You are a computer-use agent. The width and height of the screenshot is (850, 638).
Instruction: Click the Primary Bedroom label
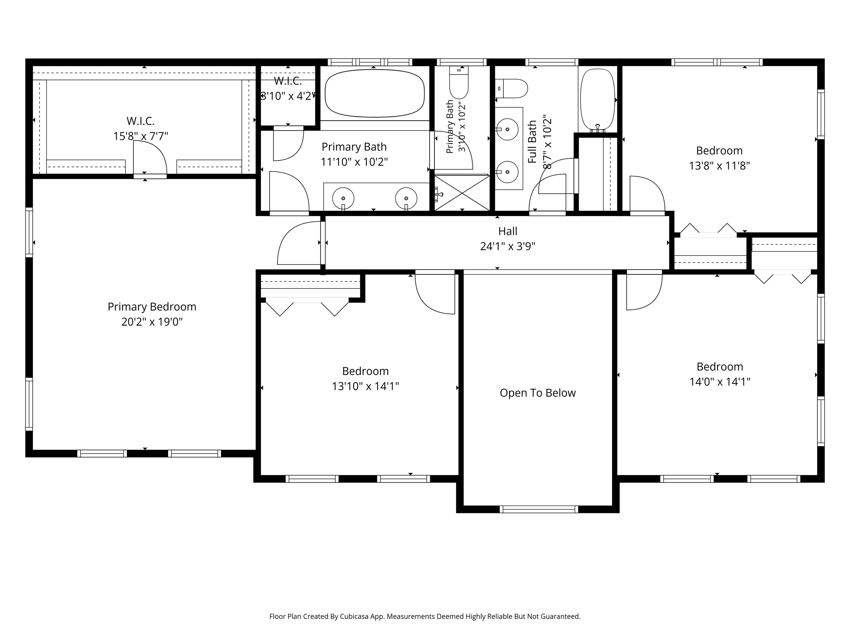point(152,307)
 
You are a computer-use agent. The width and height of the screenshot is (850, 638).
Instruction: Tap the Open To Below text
point(538,393)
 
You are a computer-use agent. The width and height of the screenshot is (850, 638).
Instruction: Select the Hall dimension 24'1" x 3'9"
point(508,246)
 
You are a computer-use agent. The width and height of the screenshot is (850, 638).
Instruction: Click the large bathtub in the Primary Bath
point(375,93)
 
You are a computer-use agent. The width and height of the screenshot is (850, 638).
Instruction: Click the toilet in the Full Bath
point(511,88)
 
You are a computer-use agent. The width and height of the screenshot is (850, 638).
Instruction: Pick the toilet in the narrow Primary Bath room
point(459,82)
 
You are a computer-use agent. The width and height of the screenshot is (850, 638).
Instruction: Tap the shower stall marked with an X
point(462,193)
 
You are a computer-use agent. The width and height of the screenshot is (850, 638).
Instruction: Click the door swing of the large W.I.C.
point(150,157)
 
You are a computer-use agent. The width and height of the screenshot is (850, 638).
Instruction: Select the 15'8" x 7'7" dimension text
point(141,136)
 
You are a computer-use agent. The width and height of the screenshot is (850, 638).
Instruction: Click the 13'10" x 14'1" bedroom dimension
point(366,386)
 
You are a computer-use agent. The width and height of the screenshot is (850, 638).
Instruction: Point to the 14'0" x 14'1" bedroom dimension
point(720,382)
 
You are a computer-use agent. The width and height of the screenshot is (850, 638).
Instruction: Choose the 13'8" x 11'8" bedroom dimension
point(719,166)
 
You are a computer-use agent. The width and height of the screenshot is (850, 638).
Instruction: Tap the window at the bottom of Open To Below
point(539,509)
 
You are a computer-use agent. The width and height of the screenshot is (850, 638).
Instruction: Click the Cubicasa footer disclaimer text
point(425,616)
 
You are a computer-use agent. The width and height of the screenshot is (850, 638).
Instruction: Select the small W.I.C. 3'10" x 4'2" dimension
point(288,96)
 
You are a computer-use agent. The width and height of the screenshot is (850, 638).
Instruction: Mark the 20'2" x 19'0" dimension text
point(152,321)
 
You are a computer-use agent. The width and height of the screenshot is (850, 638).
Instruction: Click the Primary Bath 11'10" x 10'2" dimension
point(354,162)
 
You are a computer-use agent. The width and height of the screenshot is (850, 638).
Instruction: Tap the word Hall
point(508,231)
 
